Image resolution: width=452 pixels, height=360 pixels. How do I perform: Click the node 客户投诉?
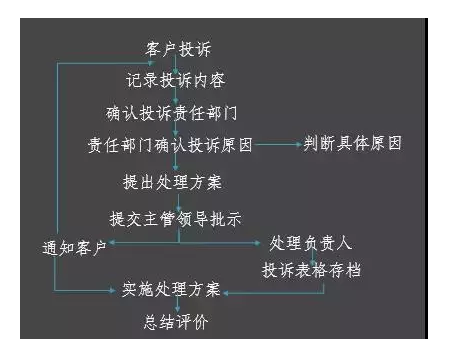click(x=176, y=48)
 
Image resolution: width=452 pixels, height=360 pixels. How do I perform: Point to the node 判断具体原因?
click(x=353, y=144)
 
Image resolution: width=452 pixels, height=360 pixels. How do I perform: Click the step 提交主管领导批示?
click(x=178, y=216)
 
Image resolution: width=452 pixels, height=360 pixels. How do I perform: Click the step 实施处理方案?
click(x=170, y=292)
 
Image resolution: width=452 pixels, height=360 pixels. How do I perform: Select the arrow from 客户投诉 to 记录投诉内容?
click(x=176, y=64)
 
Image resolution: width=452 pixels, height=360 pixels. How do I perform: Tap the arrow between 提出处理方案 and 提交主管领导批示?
click(x=176, y=200)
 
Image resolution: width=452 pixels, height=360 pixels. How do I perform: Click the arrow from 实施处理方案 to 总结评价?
click(x=176, y=308)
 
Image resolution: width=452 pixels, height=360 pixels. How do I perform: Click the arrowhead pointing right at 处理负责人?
click(x=263, y=242)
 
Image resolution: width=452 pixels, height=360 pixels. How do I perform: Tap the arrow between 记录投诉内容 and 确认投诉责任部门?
click(x=176, y=96)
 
